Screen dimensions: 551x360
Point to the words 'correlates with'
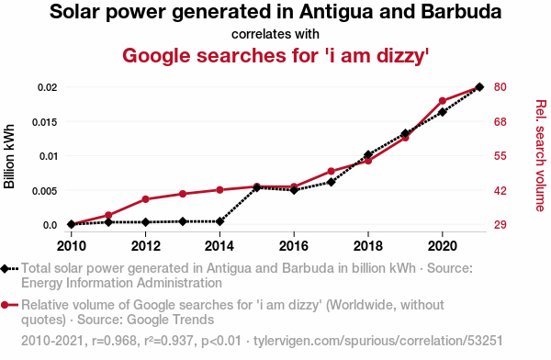click(x=275, y=35)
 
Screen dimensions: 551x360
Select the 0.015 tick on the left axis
click(x=45, y=122)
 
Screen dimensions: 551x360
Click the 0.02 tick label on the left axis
click(x=48, y=87)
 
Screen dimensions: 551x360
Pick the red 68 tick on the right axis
click(x=500, y=122)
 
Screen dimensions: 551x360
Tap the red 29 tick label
click(x=500, y=225)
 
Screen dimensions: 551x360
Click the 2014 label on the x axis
click(x=219, y=246)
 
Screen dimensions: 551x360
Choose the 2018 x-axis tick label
click(x=368, y=246)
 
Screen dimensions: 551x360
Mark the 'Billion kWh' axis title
click(x=9, y=156)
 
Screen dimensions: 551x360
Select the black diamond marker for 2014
click(x=219, y=221)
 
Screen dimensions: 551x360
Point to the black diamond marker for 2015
click(x=257, y=187)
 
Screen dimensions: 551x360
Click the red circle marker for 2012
click(x=145, y=199)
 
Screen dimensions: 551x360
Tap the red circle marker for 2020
click(x=443, y=101)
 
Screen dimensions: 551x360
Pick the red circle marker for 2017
click(x=331, y=172)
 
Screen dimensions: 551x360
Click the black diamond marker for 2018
click(x=368, y=154)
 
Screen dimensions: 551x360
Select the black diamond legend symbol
click(x=5, y=269)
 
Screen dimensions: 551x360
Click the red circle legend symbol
click(x=5, y=305)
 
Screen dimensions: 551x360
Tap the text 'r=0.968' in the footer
click(x=114, y=341)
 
